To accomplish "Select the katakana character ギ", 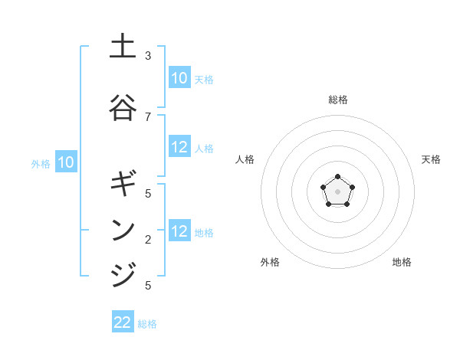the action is (123, 184).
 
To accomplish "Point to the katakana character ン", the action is (123, 229).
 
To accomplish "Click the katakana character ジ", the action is (123, 274).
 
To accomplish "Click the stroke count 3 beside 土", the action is (148, 56).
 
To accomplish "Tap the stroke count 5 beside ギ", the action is (148, 194).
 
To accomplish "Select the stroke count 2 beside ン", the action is (148, 240).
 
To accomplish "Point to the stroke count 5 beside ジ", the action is (148, 286).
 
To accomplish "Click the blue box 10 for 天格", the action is (179, 78).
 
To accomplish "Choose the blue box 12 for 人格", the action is (179, 148).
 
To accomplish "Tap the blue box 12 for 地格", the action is (179, 231).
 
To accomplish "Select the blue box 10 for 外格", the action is (66, 162).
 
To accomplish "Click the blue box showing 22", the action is (123, 322).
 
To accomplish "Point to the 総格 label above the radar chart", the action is (338, 100).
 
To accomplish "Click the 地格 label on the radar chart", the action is (402, 262).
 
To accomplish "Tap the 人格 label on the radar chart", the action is (245, 159).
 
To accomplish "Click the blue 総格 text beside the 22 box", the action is (147, 324).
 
